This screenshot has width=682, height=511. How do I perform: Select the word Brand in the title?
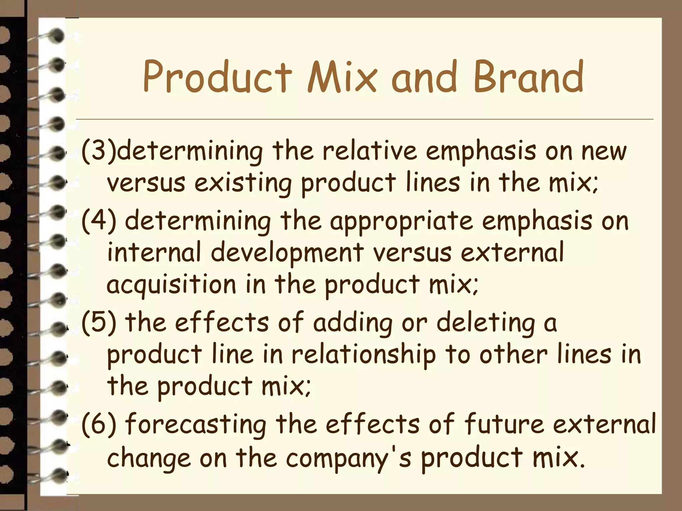point(528,77)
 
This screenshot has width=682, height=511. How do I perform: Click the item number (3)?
point(99,152)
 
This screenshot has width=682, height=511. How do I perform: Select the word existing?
point(243,184)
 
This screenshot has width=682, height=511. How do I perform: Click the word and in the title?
point(424,77)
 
